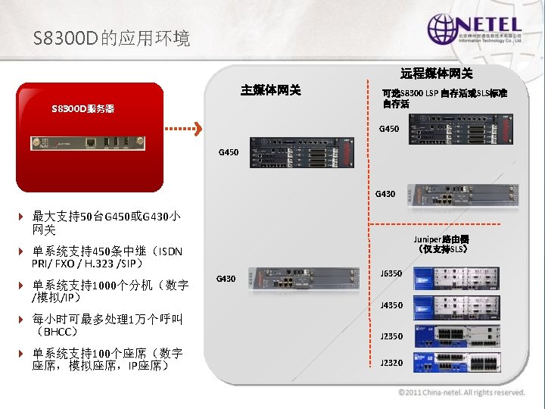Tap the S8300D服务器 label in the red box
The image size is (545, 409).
83,109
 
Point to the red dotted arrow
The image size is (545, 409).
184,128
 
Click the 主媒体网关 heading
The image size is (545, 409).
270,90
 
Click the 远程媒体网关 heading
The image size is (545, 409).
437,73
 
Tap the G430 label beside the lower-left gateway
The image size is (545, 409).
227,279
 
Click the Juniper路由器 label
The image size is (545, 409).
444,243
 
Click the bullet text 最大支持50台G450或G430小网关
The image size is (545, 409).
106,223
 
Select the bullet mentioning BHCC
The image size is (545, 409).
106,325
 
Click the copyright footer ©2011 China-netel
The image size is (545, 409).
462,392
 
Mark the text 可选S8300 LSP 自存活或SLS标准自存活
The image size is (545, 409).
444,98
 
